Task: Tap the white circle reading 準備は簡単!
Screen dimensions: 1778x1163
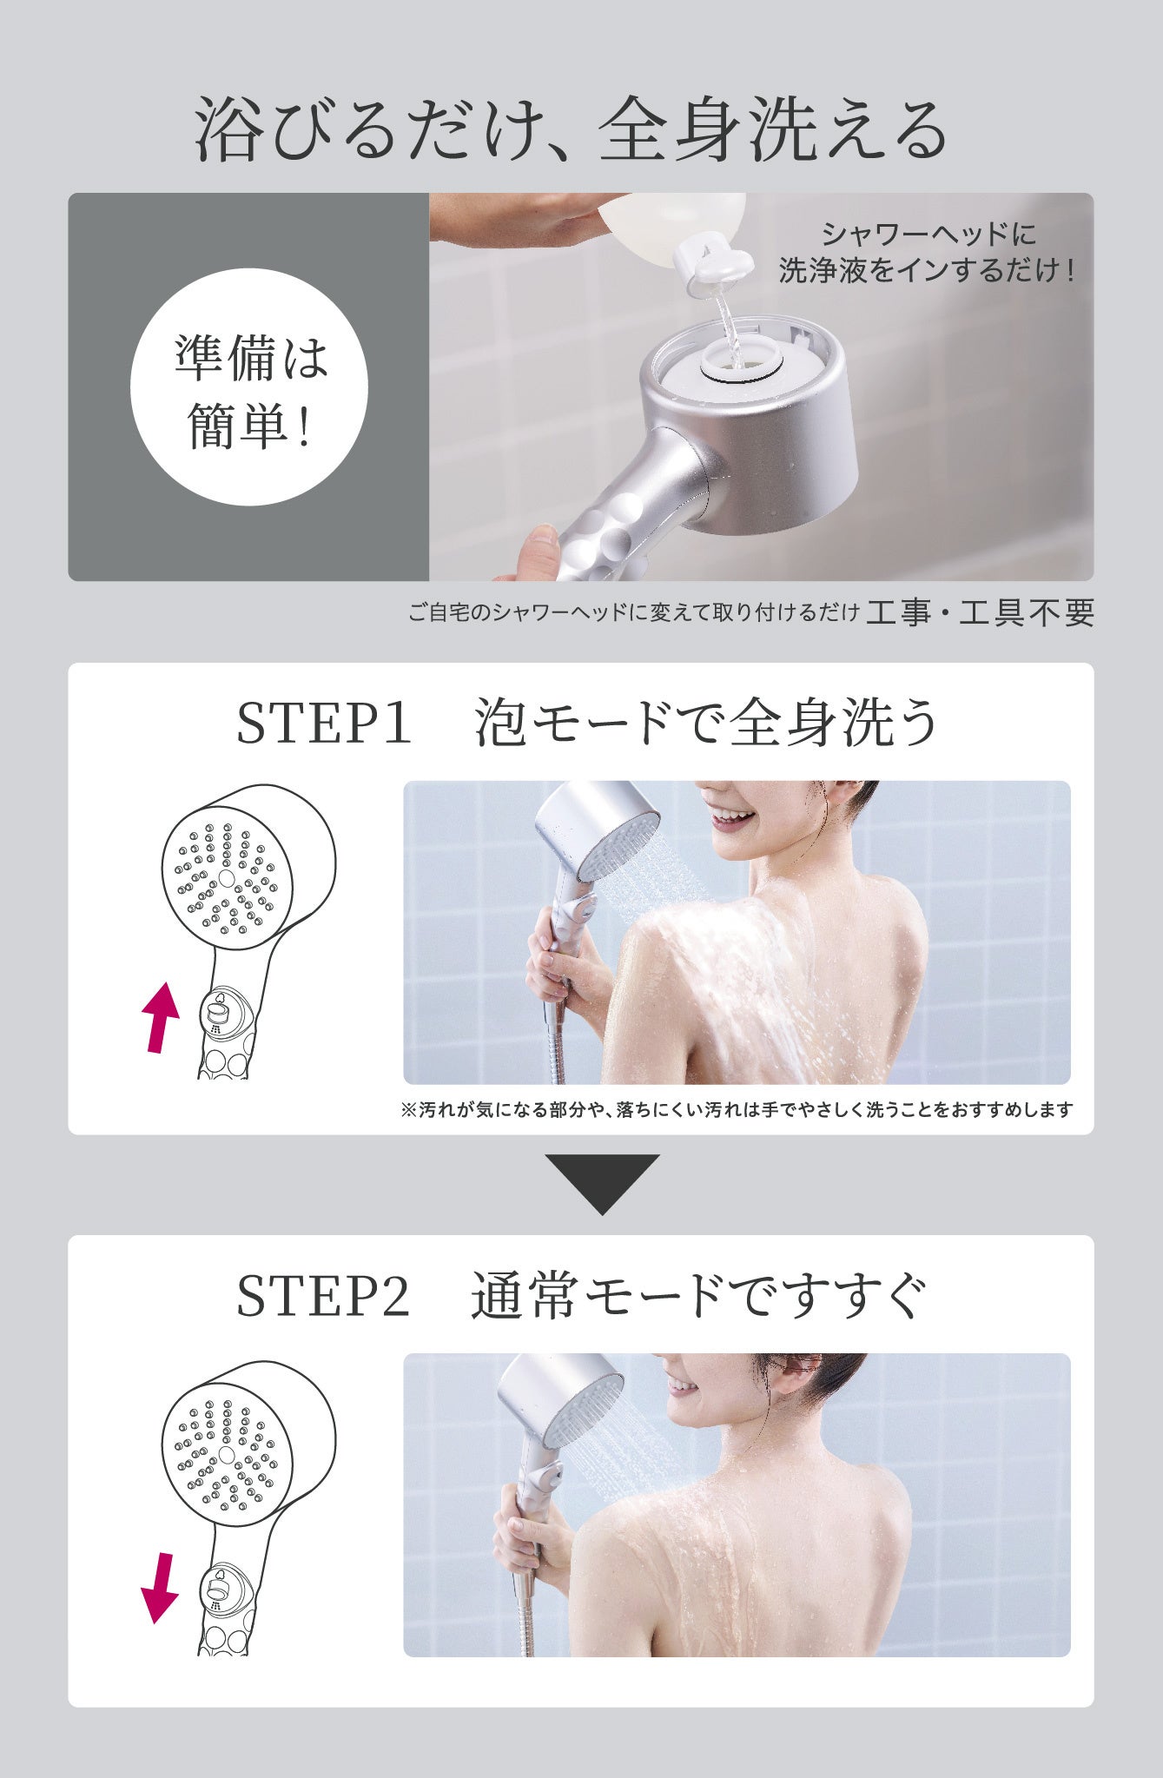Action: (249, 387)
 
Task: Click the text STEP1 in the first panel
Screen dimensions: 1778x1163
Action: (323, 723)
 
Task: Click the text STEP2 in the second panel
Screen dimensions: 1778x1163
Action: (322, 1297)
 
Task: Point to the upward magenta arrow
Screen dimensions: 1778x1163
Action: (161, 1016)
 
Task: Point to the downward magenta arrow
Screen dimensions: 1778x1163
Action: (160, 1587)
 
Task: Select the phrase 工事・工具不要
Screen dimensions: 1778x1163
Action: (980, 613)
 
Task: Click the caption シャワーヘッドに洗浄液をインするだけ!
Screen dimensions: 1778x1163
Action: (928, 253)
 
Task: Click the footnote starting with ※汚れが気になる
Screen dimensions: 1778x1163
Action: (737, 1109)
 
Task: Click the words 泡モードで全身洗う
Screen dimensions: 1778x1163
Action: (704, 723)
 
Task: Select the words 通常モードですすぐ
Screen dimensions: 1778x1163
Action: (699, 1297)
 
